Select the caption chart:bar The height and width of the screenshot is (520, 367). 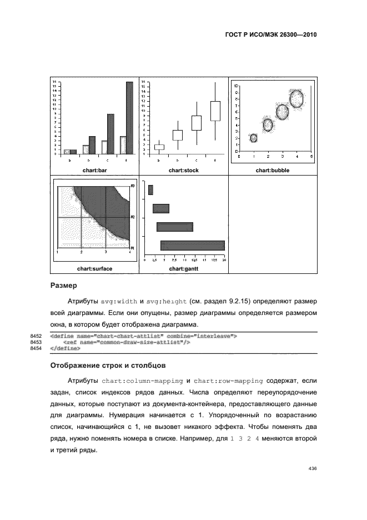(94, 171)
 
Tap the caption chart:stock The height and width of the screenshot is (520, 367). (183, 171)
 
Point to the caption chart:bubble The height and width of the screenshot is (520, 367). (272, 171)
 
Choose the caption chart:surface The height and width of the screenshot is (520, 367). (94, 269)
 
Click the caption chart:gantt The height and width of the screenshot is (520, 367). (183, 269)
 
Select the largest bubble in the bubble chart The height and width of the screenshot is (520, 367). (297, 99)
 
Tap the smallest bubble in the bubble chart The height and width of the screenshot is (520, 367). (254, 138)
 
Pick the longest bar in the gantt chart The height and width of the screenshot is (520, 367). (193, 245)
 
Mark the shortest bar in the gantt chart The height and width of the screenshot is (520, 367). (150, 190)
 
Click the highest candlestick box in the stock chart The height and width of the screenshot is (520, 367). (215, 111)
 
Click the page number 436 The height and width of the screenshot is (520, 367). (311, 469)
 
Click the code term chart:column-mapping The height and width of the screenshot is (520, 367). (143, 381)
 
